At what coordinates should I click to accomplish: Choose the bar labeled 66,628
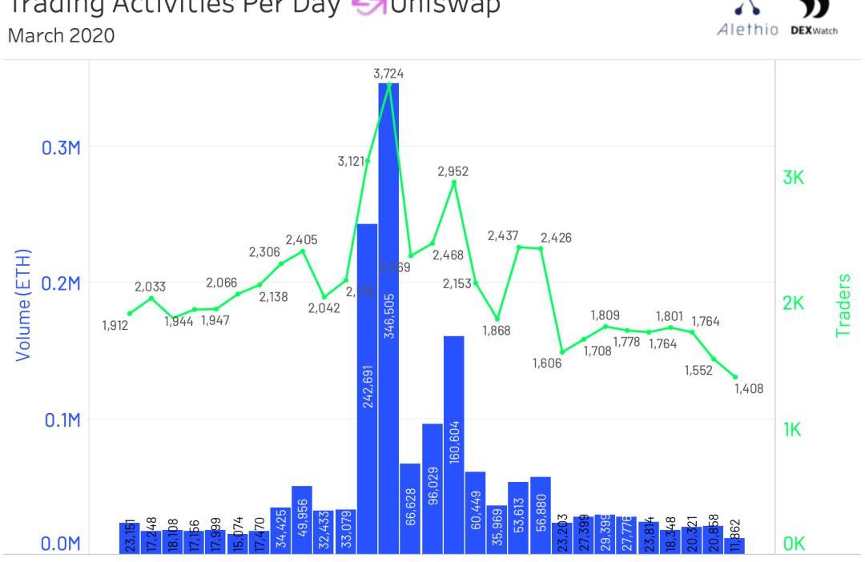coord(410,508)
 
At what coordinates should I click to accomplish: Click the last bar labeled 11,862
coord(734,544)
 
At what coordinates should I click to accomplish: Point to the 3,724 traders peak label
coord(388,74)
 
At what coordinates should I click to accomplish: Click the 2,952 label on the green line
coord(453,171)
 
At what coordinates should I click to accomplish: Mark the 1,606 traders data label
coord(549,363)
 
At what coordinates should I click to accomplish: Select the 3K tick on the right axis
coord(793,179)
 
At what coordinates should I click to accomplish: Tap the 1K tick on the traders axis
coord(793,430)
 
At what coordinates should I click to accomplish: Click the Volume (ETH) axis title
coord(26,304)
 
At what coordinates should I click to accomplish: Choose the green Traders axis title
coord(843,304)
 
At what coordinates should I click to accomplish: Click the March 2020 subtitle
coord(61,37)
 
